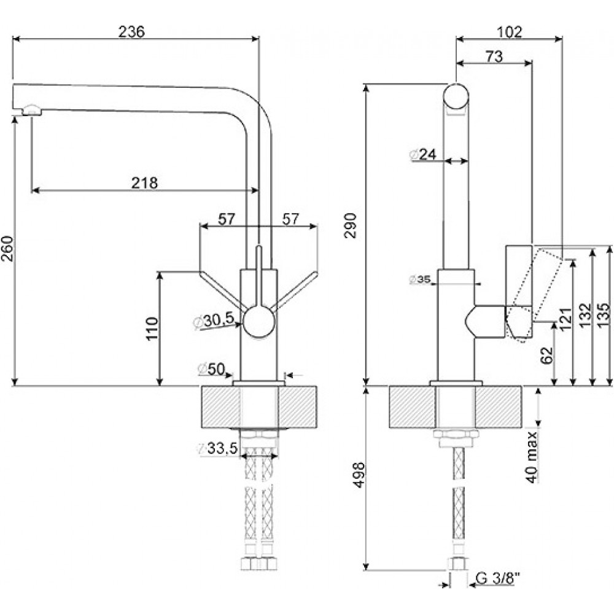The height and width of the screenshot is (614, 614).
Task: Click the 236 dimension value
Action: point(131,31)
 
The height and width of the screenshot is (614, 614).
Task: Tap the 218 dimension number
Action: point(144,182)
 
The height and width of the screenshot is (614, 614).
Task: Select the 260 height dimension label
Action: point(7,248)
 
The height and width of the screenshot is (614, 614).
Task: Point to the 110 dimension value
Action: point(152,328)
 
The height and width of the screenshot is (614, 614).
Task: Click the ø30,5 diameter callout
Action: point(214,321)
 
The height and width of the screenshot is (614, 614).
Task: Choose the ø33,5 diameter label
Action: point(218,449)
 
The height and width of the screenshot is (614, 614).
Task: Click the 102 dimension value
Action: point(510,31)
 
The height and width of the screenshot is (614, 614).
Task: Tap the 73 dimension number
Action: point(494,56)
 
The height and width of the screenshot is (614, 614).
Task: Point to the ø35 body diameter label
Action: point(420,279)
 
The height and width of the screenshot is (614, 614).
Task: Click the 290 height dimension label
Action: point(351,225)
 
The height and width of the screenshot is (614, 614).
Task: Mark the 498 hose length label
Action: point(359,475)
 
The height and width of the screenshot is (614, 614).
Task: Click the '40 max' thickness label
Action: point(532,457)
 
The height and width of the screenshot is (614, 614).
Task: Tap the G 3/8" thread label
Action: point(498,578)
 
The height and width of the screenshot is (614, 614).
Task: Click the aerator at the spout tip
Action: point(31,110)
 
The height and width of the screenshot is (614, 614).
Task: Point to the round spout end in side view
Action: point(456,96)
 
